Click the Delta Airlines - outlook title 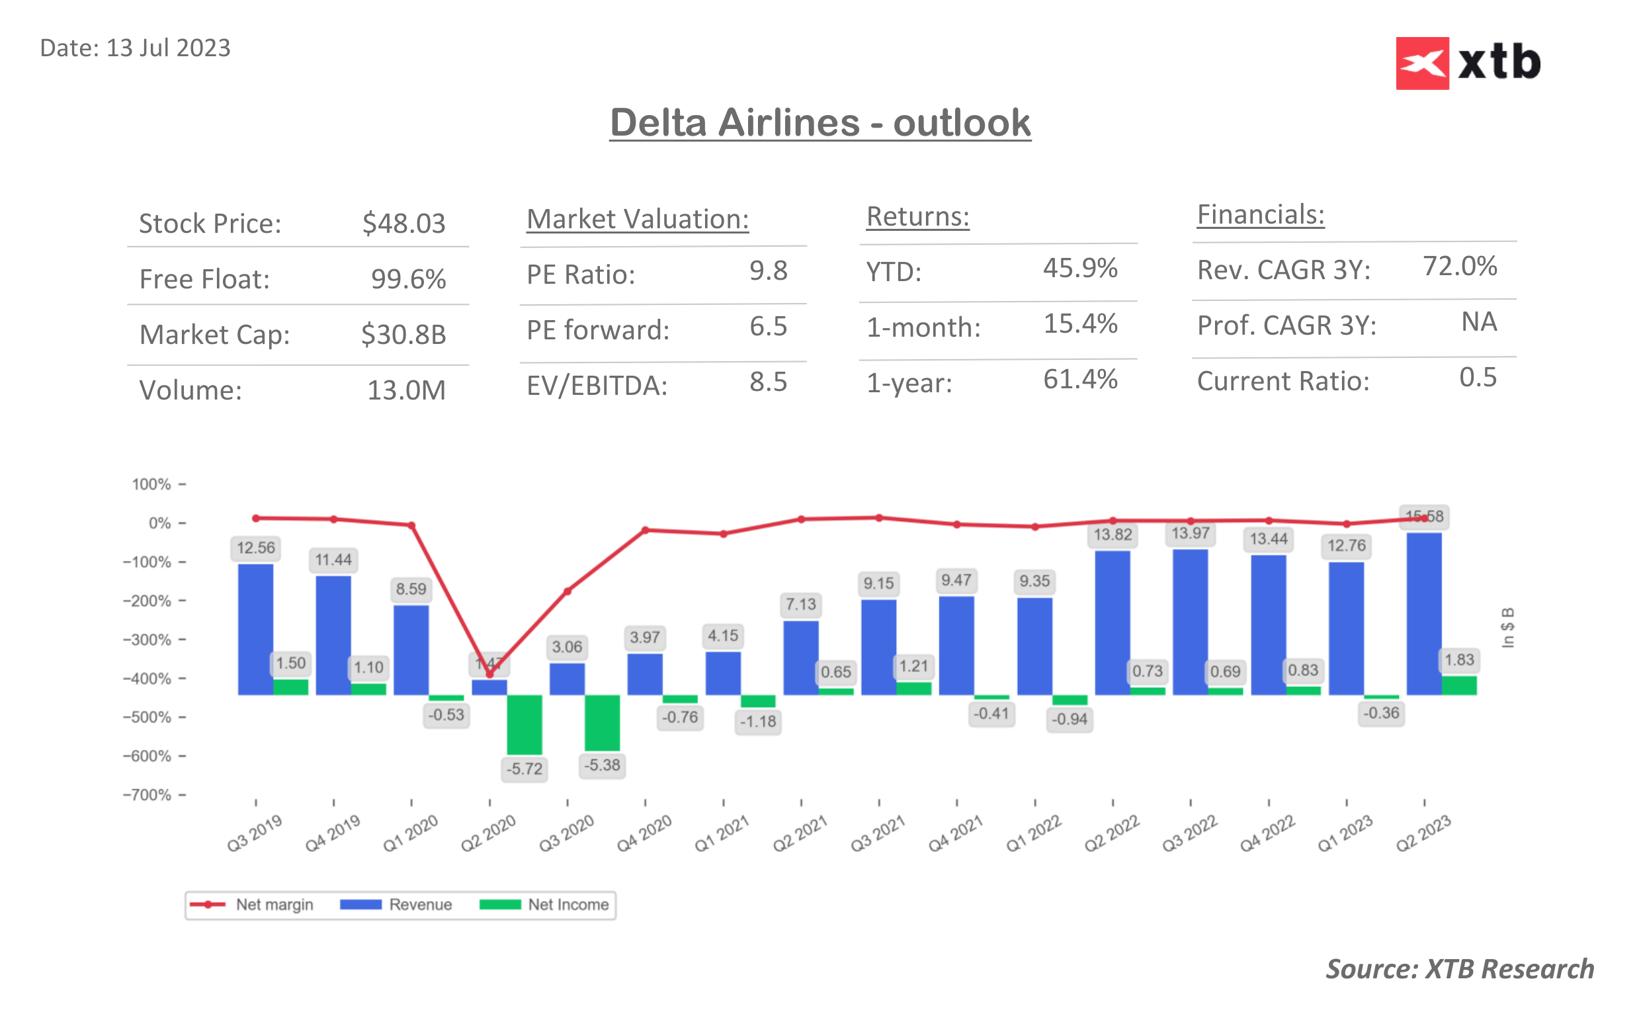(820, 123)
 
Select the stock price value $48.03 (403, 223)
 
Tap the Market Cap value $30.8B (403, 335)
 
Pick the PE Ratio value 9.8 (768, 271)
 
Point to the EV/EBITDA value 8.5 (768, 382)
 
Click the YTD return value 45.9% (1079, 268)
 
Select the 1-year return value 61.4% (1079, 380)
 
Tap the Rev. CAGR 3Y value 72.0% (1459, 266)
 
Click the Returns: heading (917, 216)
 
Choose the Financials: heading (1260, 214)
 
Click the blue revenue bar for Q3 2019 (255, 629)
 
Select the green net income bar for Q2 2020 (524, 724)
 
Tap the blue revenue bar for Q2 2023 (1423, 613)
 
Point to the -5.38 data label (602, 765)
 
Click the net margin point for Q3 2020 (568, 591)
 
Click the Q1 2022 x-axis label (1033, 833)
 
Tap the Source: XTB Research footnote (1459, 969)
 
